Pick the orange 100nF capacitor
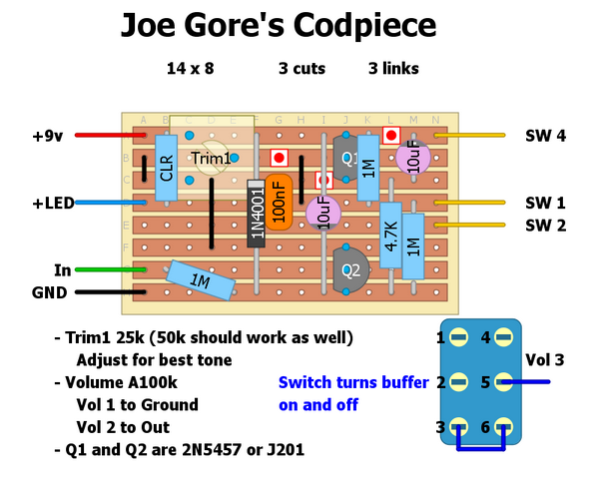tap(280, 201)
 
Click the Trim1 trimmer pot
tap(212, 158)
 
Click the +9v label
tap(48, 135)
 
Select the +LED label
tap(53, 203)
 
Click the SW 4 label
tap(545, 136)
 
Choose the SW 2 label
tap(545, 225)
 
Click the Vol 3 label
tap(572, 359)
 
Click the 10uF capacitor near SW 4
tap(413, 158)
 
